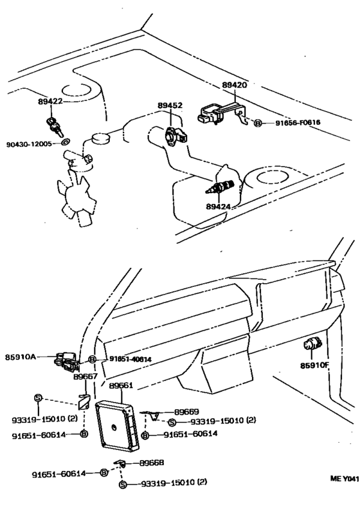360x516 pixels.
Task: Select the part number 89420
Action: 235,85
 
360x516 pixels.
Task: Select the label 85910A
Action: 21,355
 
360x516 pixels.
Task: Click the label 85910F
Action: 314,366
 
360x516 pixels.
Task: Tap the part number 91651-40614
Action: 130,359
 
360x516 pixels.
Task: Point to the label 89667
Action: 85,377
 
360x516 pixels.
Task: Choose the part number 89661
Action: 121,386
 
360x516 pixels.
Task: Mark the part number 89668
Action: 152,463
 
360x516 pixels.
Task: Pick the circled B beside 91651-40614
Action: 93,359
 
